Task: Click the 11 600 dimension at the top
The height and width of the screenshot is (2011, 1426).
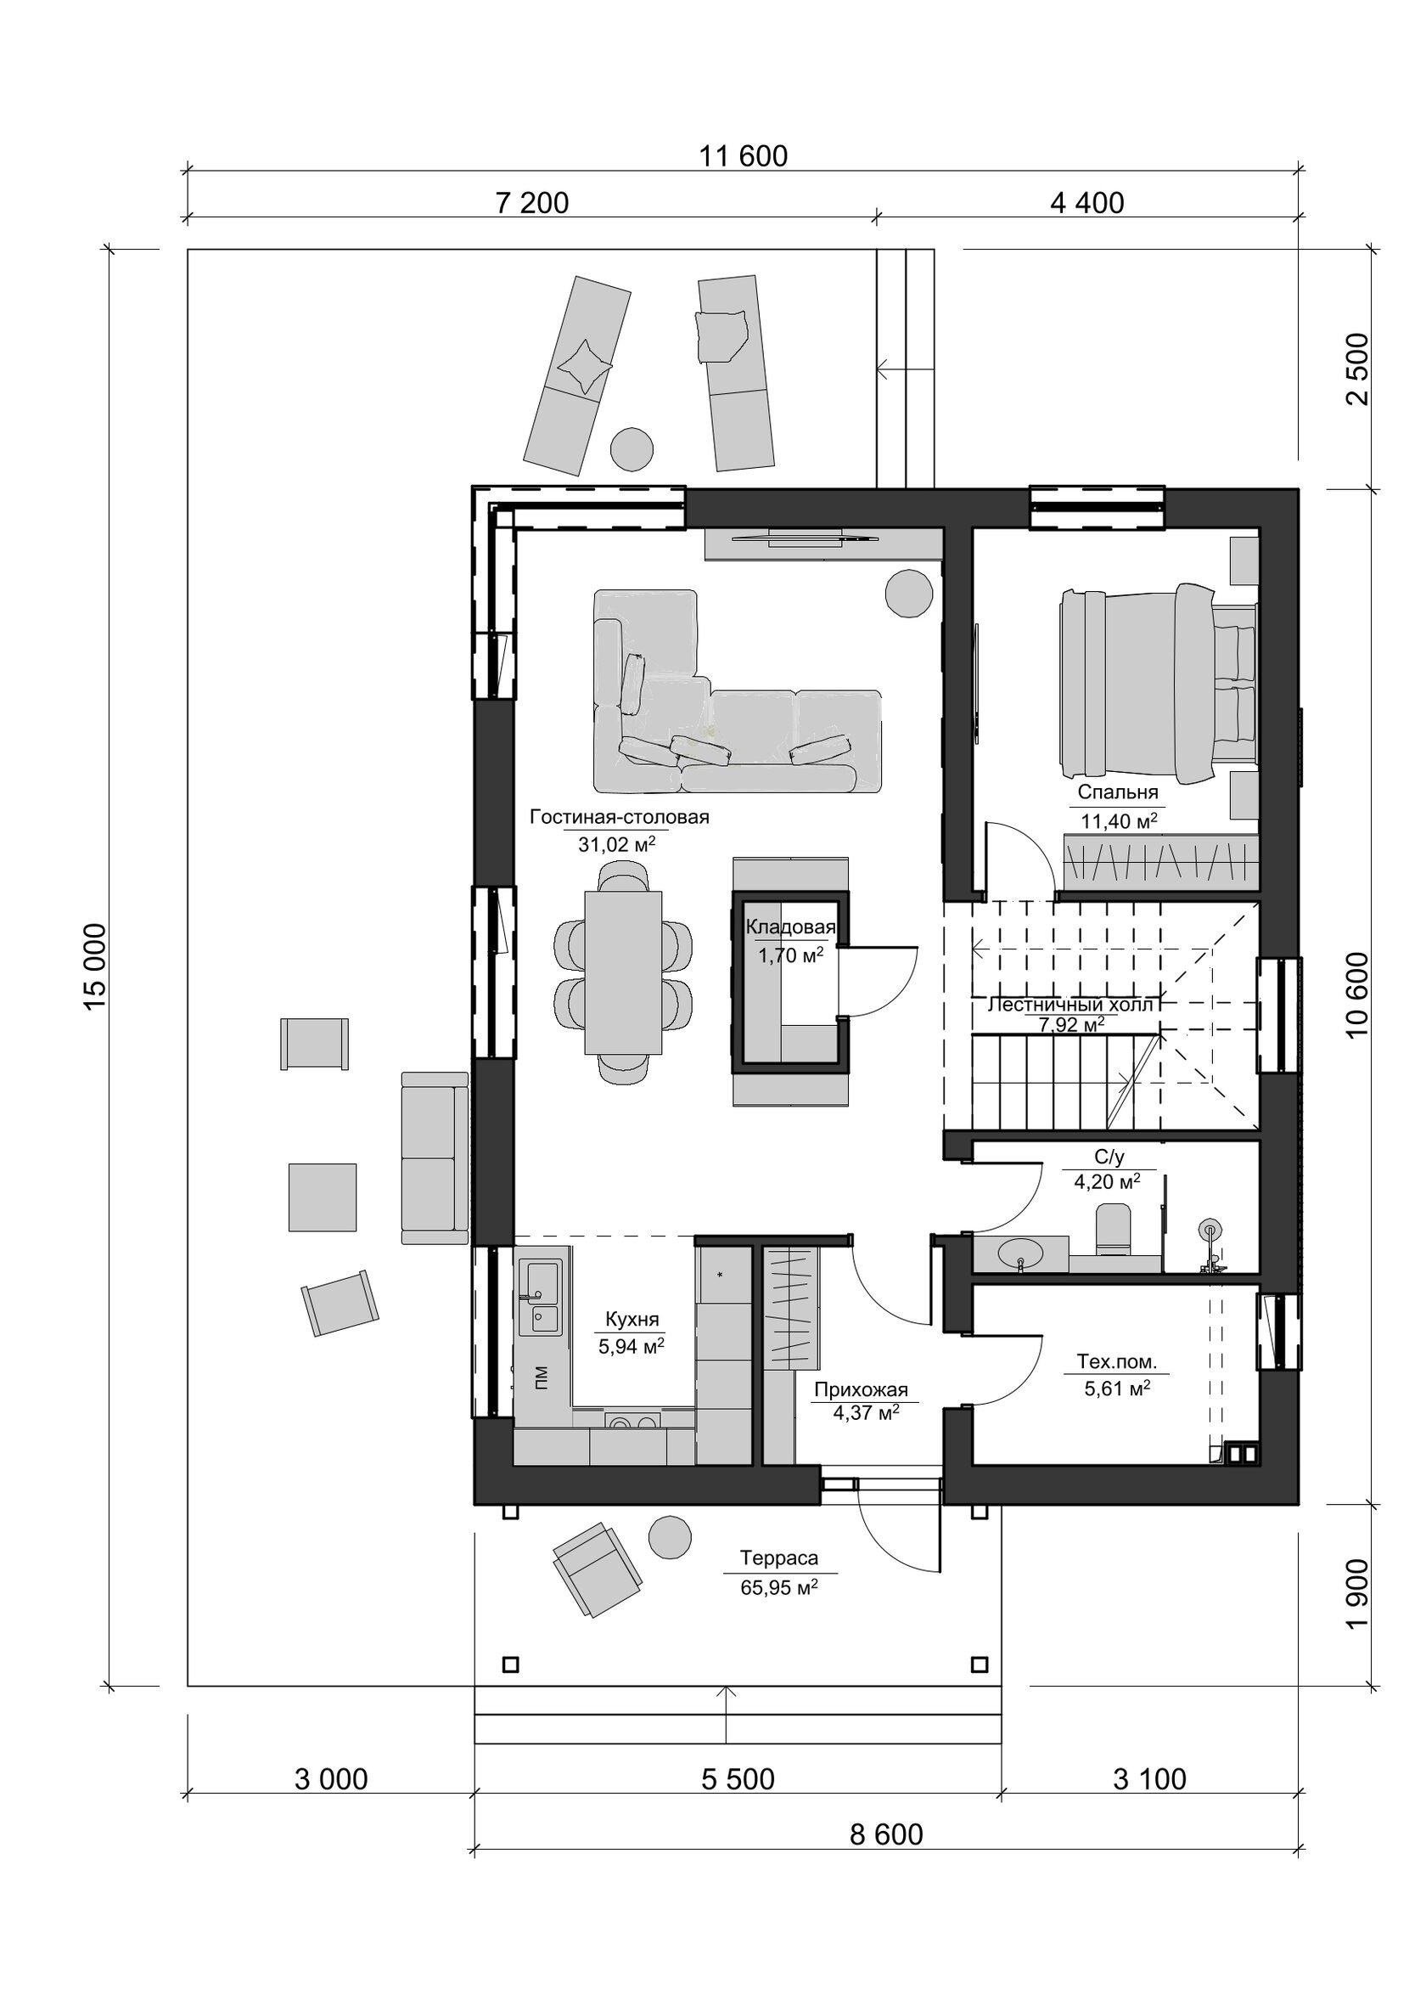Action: point(743,156)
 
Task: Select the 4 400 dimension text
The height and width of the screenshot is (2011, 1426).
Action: point(1087,203)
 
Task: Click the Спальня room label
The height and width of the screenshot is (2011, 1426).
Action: point(1118,792)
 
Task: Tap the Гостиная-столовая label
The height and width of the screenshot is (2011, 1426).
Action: point(619,817)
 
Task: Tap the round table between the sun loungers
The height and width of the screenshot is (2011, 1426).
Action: point(632,449)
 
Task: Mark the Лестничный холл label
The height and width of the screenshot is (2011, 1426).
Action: point(1070,1004)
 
